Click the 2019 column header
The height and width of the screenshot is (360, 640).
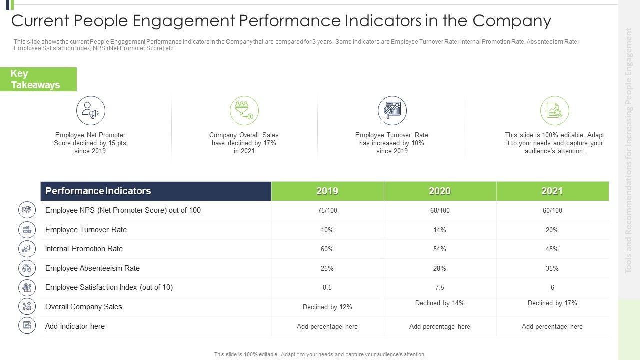pos(327,191)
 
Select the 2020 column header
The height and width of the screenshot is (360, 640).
pos(440,191)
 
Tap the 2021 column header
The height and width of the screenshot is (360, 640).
pos(552,191)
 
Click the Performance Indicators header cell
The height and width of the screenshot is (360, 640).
pos(98,191)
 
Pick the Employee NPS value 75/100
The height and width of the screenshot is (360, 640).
pos(327,211)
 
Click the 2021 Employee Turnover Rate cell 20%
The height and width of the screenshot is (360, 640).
pos(552,230)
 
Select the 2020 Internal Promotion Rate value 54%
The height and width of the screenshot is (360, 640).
pos(440,249)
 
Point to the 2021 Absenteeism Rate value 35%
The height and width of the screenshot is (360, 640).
pos(552,268)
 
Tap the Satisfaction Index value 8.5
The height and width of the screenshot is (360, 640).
pos(327,288)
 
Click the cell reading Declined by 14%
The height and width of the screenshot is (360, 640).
pos(440,303)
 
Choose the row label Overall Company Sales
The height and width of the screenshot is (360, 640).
pos(84,307)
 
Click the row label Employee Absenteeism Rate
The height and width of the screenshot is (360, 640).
pos(92,268)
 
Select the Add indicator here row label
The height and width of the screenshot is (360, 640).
pos(75,326)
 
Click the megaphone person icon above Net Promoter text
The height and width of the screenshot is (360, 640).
pos(91,111)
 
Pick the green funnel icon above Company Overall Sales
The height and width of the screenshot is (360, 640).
pos(244,111)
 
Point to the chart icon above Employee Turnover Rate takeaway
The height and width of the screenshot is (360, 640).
pos(392,111)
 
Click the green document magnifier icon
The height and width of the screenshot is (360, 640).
pos(555,111)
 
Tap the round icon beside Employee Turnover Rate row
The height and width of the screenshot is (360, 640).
pos(27,230)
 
